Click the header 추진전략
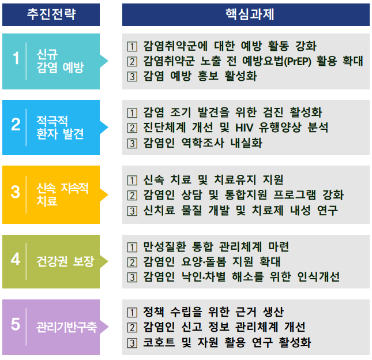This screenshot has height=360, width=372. click(x=51, y=14)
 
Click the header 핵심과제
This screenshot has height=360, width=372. click(x=250, y=14)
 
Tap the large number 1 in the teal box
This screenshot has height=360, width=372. click(x=16, y=58)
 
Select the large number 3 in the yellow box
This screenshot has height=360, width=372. click(x=16, y=192)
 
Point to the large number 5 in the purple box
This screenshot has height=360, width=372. click(x=16, y=324)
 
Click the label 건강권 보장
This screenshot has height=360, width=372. click(x=66, y=261)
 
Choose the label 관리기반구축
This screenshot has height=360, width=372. click(x=66, y=327)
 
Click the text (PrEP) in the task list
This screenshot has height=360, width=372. click(x=298, y=61)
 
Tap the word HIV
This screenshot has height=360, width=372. click(x=244, y=127)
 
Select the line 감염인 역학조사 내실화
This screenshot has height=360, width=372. click(x=203, y=143)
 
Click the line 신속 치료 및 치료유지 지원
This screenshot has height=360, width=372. click(x=213, y=179)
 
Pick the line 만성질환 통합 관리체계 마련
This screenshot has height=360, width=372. click(x=216, y=246)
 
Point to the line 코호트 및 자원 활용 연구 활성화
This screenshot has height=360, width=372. click(x=227, y=343)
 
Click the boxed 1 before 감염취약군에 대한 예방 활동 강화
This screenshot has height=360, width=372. click(x=132, y=47)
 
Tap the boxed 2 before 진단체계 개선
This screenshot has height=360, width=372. click(x=132, y=128)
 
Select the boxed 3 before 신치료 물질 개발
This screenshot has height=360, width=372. click(x=132, y=211)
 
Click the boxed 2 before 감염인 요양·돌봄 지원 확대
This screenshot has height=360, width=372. click(x=132, y=262)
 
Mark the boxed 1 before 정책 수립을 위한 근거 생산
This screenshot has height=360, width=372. click(x=132, y=313)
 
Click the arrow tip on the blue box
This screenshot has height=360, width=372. click(x=108, y=127)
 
